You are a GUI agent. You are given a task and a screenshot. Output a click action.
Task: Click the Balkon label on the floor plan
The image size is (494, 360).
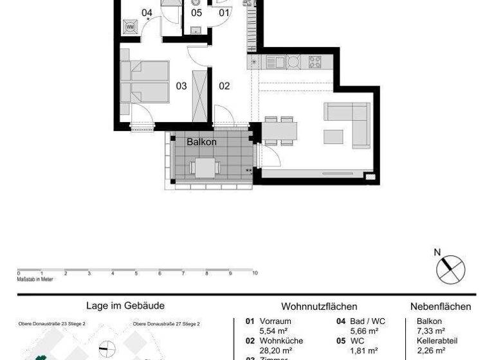click(201, 141)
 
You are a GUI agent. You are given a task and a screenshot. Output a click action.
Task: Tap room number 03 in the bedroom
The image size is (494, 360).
click(181, 85)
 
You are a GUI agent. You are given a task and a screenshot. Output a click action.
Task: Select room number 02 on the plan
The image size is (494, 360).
click(224, 85)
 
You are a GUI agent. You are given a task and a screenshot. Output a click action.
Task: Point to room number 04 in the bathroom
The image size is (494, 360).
click(147, 12)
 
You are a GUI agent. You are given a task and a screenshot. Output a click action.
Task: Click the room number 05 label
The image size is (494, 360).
click(196, 12)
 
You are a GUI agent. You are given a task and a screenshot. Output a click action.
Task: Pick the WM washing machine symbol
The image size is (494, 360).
click(131, 26)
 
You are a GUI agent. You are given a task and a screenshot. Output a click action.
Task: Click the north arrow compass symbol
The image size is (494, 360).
click(450, 268)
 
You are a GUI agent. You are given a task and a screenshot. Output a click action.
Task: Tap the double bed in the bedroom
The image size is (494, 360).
click(145, 82)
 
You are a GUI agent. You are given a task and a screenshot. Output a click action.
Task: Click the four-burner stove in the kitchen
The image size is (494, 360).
click(315, 62)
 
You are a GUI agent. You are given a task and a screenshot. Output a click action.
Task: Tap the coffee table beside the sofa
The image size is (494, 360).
click(334, 136)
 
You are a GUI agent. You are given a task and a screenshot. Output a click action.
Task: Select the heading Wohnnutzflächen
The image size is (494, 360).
click(319, 307)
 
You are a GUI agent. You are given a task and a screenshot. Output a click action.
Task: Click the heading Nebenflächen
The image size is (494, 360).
click(441, 307)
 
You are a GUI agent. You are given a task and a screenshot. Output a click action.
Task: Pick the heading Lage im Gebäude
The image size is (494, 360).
click(125, 306)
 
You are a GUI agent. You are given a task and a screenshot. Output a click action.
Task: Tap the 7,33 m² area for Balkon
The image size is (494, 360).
click(431, 330)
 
